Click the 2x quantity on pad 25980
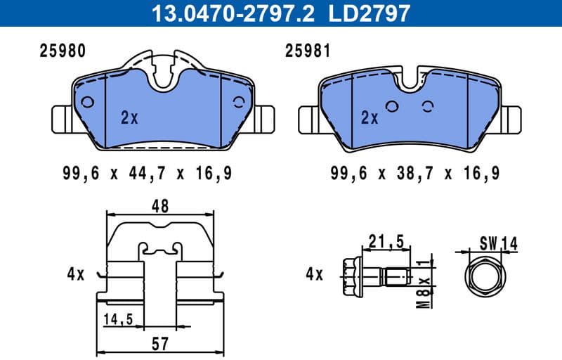(x=129, y=118)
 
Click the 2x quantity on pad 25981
(x=370, y=118)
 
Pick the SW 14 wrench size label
(x=499, y=243)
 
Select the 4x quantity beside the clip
(x=75, y=274)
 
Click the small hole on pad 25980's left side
(x=88, y=101)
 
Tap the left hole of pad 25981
(x=392, y=107)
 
